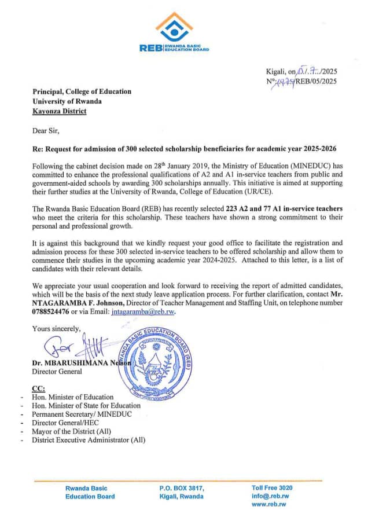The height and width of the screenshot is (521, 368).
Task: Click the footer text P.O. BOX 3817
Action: (182, 488)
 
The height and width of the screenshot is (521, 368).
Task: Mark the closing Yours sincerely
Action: (57, 328)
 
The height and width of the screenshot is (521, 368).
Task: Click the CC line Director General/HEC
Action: (69, 423)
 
